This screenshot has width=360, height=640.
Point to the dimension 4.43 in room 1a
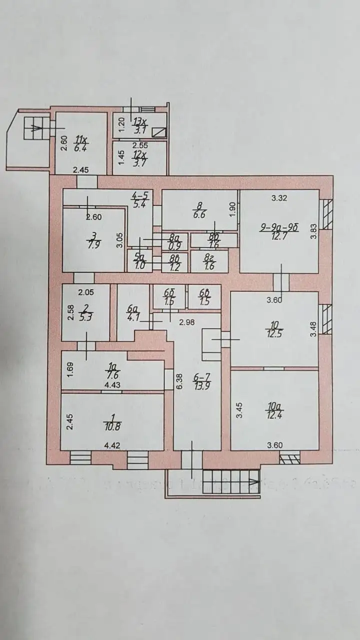110,385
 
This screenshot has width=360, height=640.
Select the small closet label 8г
209,262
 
